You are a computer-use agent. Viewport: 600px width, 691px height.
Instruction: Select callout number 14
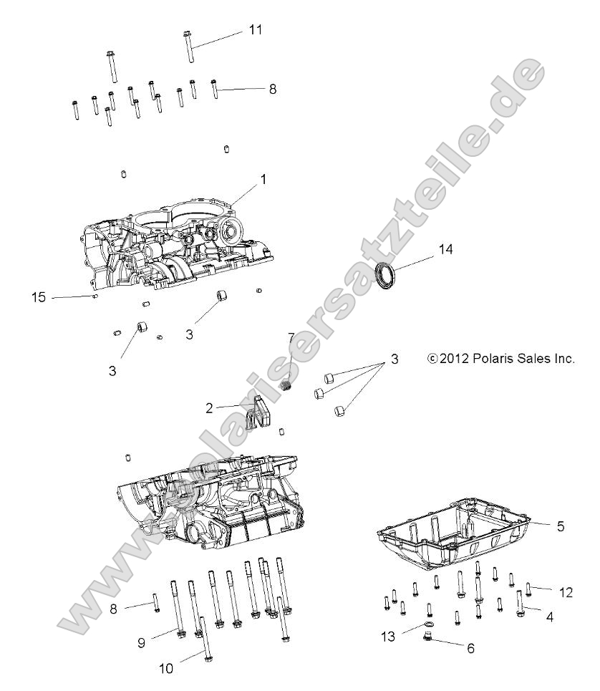446,250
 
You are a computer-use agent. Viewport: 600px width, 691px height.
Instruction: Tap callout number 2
209,408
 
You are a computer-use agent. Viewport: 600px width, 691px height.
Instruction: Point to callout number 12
566,591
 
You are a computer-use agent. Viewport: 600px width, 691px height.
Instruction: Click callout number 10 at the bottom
165,670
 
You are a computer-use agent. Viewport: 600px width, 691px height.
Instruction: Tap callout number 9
141,643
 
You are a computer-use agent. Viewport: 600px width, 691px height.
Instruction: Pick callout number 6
470,649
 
